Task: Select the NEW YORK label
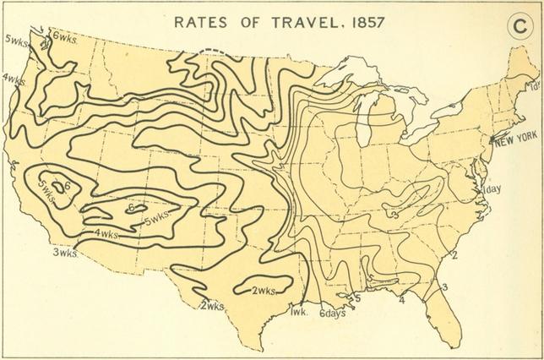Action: (517, 140)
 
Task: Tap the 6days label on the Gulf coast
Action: (335, 313)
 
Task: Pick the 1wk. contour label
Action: (297, 310)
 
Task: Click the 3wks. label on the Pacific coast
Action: (63, 252)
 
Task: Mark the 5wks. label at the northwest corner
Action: (16, 40)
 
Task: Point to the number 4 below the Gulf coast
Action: (401, 299)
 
